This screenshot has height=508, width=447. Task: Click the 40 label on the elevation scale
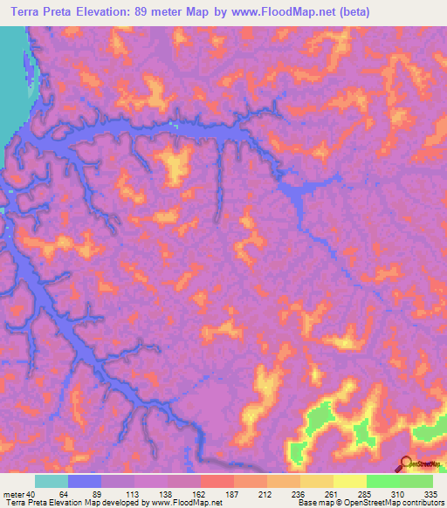(31, 493)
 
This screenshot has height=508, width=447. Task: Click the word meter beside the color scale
(12, 493)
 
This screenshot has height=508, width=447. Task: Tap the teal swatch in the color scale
(52, 481)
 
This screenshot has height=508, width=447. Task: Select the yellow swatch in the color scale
(349, 481)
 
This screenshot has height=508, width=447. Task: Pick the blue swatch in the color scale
(85, 481)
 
